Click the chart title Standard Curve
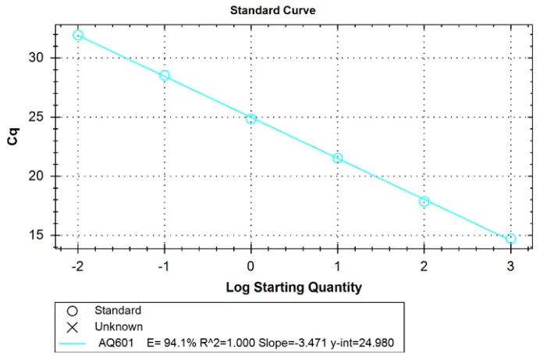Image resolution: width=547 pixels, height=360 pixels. [272, 10]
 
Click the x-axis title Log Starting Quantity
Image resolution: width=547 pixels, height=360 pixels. [293, 287]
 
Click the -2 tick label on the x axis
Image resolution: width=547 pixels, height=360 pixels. [78, 266]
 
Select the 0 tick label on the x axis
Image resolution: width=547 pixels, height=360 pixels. [251, 266]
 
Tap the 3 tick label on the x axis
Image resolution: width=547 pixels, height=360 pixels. [511, 266]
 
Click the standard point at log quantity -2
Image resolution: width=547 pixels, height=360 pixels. [78, 35]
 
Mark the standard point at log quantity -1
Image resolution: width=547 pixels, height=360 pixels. [165, 76]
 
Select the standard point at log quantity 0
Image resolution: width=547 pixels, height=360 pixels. [251, 119]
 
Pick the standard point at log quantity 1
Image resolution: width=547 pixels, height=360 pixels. [338, 158]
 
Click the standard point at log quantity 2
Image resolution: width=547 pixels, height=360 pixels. [424, 201]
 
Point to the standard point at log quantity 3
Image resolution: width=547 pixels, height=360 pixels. [511, 238]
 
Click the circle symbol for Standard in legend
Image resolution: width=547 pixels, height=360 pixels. [73, 311]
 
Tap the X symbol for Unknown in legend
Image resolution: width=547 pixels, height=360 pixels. [73, 326]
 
